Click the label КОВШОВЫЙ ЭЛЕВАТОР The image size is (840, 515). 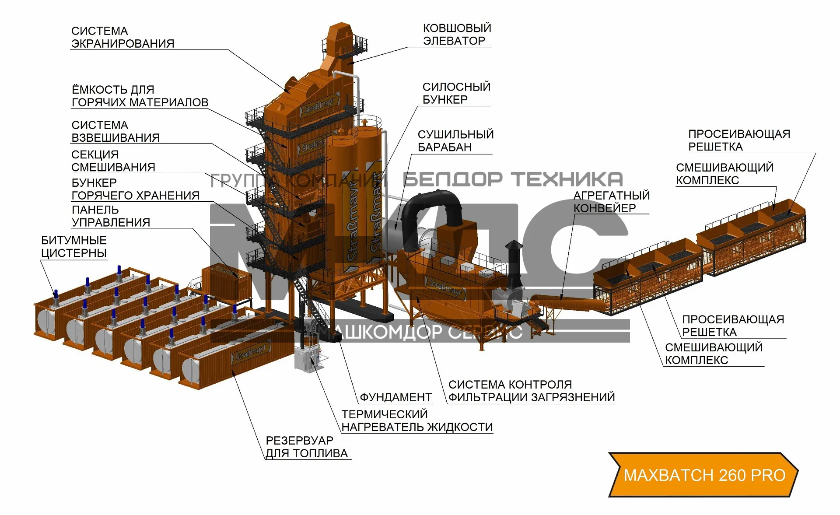(x=456, y=35)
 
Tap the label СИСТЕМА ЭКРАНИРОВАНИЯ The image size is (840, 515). (x=122, y=38)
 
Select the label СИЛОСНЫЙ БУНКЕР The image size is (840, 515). (x=456, y=93)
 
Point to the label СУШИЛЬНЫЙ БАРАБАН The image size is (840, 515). (x=455, y=140)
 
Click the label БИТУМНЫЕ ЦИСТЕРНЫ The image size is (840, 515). (x=73, y=247)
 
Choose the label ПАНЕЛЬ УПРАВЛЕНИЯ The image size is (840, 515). (x=111, y=216)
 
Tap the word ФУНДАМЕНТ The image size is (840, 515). (x=395, y=397)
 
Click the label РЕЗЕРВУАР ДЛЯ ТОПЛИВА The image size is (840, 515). (x=306, y=447)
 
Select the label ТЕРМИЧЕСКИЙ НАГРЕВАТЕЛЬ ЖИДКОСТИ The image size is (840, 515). (x=416, y=420)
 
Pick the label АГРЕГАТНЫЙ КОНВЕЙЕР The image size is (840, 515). (x=611, y=202)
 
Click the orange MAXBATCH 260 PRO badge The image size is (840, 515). (x=703, y=475)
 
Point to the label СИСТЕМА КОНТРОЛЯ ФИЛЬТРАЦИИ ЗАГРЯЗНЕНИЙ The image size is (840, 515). (x=531, y=391)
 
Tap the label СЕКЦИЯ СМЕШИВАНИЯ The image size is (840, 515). (x=113, y=161)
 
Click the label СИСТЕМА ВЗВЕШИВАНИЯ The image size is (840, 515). (x=115, y=131)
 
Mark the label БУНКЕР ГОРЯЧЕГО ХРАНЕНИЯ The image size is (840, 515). (x=135, y=189)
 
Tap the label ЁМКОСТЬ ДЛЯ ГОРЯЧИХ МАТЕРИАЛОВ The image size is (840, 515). (x=140, y=96)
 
